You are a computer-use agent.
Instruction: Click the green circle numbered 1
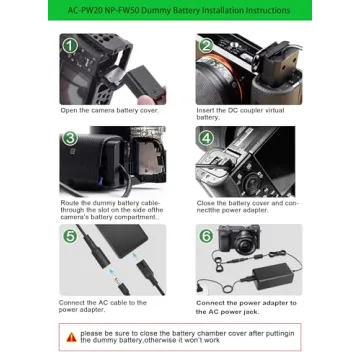pyautogui.click(x=70, y=45)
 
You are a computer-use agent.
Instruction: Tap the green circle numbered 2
pyautogui.click(x=206, y=45)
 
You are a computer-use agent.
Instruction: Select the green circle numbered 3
pyautogui.click(x=70, y=137)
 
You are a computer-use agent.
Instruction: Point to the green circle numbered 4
pyautogui.click(x=206, y=137)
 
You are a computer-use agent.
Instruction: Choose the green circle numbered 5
pyautogui.click(x=70, y=236)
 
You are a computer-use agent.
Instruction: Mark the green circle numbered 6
pyautogui.click(x=206, y=236)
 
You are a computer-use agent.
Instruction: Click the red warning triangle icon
pyautogui.click(x=71, y=337)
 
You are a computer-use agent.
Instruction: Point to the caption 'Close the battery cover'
pyautogui.click(x=246, y=206)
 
